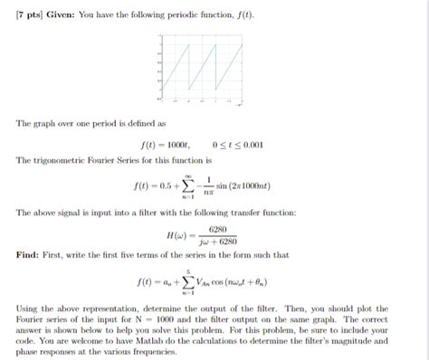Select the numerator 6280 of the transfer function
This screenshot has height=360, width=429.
217,229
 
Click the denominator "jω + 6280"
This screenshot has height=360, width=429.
216,242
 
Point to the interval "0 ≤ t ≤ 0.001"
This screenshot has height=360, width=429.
237,145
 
